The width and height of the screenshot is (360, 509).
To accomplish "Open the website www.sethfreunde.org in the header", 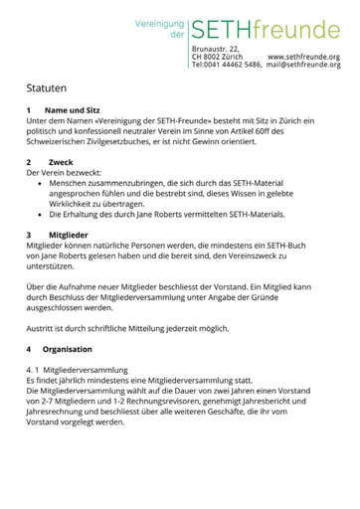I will click(x=303, y=57).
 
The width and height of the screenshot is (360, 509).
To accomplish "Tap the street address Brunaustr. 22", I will click(x=216, y=49).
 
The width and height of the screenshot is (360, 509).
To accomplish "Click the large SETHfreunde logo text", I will click(x=266, y=30).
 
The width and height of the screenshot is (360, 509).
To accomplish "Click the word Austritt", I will click(x=44, y=328).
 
